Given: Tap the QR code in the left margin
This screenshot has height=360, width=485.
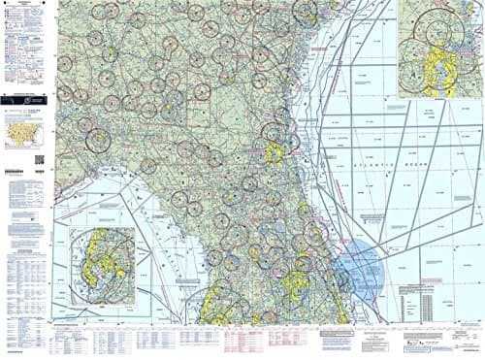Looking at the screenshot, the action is (38, 158).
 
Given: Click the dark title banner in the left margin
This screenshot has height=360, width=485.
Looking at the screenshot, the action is (25, 97).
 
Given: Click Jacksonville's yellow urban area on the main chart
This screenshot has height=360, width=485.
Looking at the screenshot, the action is (275, 151).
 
